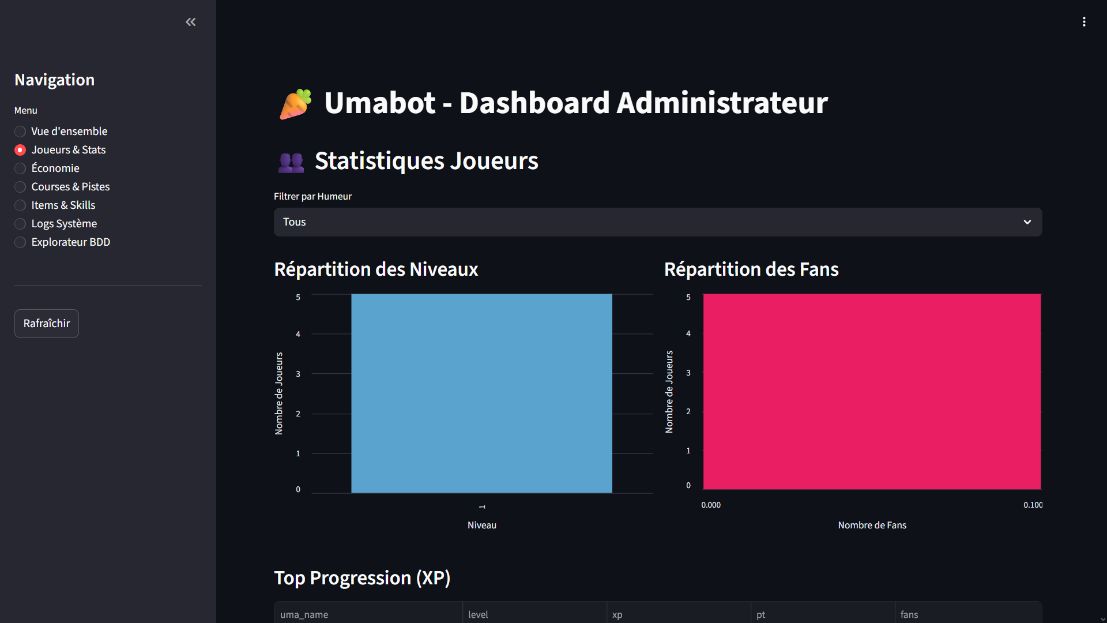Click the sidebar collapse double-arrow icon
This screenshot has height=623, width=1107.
tap(191, 22)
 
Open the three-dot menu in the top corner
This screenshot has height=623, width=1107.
tap(1084, 22)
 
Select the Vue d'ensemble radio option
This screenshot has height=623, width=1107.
tap(20, 132)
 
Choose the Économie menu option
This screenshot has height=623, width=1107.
tap(20, 168)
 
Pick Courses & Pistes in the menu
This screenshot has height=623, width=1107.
tap(20, 187)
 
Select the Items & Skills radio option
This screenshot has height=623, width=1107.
tap(20, 205)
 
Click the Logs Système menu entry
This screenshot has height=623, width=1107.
tap(20, 224)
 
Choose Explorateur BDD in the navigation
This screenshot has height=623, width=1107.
tap(20, 242)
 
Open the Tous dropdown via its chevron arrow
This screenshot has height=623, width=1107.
tap(1027, 222)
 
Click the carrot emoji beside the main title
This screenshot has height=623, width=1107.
tap(296, 104)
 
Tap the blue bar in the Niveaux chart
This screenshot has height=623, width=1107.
tap(481, 393)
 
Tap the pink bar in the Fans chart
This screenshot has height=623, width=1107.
tap(872, 392)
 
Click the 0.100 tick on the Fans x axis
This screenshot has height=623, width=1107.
tap(1033, 505)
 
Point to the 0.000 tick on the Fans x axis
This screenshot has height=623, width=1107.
tap(710, 505)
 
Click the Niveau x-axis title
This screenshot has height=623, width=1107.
tap(481, 525)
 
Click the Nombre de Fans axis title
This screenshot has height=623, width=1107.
tap(872, 525)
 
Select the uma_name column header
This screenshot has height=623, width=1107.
tap(304, 614)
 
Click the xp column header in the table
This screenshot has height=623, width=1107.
tap(617, 614)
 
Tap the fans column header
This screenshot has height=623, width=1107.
tap(909, 614)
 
